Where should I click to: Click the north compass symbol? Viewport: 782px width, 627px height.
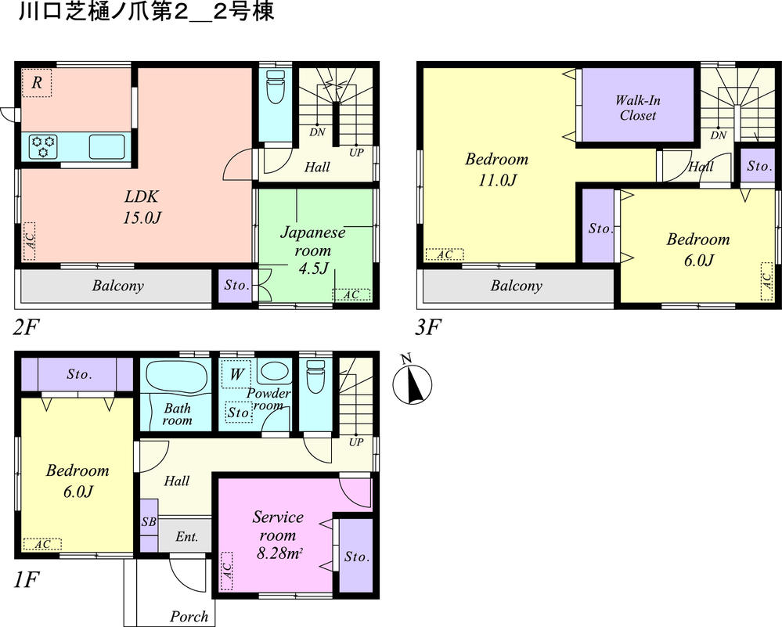(x=413, y=383)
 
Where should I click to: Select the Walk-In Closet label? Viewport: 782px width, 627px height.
(x=636, y=107)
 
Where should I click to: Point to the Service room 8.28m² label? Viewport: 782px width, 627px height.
(x=277, y=535)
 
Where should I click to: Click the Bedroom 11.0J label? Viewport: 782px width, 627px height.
(x=496, y=169)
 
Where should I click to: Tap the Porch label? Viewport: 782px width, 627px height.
(x=189, y=616)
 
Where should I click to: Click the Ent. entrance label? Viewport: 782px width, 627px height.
(x=186, y=538)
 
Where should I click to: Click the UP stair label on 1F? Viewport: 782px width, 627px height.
(x=356, y=442)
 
